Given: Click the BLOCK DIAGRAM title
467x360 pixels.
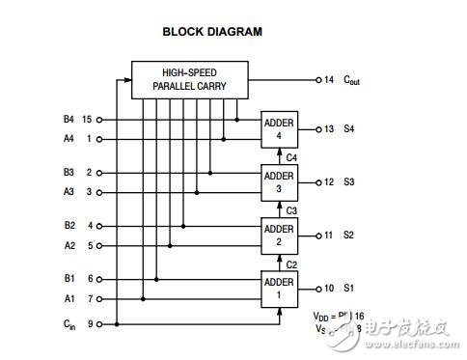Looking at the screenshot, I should (211, 31).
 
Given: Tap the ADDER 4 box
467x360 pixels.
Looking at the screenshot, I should (279, 129).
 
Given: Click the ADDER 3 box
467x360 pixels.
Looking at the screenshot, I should (279, 181).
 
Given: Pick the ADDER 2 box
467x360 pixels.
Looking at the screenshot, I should (279, 235).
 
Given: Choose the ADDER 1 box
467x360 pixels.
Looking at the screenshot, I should (279, 287).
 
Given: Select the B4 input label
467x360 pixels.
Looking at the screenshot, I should (68, 121).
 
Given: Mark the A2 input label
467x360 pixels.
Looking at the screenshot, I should (68, 245).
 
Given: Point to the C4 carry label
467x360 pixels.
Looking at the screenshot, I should (290, 156).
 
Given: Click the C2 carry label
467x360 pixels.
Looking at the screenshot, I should (290, 262).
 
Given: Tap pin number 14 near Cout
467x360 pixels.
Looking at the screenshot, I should (330, 79).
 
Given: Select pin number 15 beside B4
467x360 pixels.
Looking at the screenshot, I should (87, 121).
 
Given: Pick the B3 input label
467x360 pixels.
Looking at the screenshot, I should (68, 173).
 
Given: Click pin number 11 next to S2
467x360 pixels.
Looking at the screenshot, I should (329, 235).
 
